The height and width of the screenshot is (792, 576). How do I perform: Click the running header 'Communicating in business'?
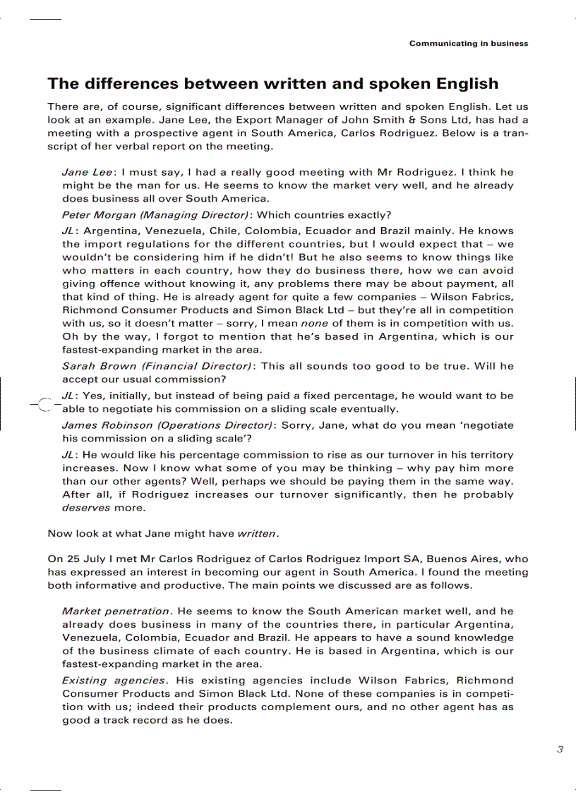468,44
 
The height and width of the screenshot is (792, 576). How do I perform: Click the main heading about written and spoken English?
272,84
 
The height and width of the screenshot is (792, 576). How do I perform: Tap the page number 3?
560,749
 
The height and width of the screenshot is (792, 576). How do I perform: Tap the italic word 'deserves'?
86,508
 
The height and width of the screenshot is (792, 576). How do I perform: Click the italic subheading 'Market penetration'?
116,611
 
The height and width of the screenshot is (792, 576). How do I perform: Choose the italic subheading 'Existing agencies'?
114,681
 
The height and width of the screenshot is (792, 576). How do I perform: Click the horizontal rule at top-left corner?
46,18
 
